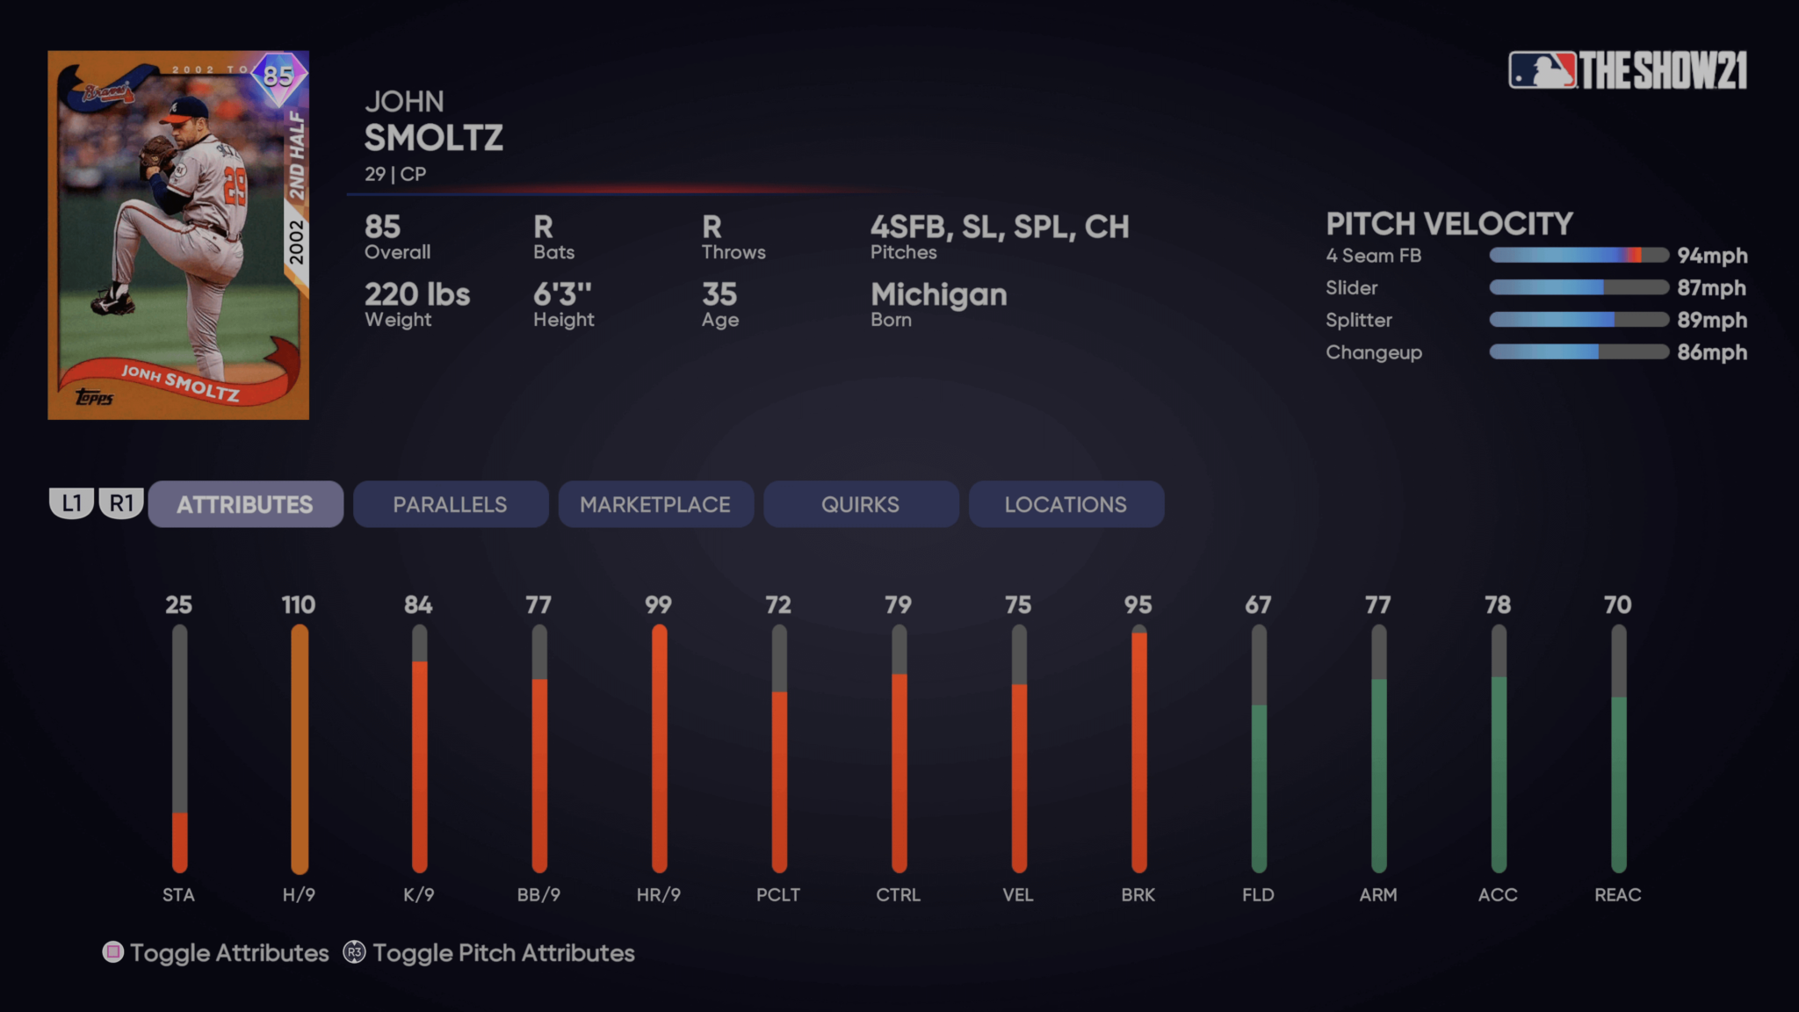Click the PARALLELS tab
pos(450,504)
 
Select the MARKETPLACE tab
pos(655,504)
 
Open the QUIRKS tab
pos(860,504)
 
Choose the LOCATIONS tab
pos(1066,504)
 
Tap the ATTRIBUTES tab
pos(245,504)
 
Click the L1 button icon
pos(71,503)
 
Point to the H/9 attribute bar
pos(300,748)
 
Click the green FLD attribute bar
pos(1259,786)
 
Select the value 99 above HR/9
pos(658,604)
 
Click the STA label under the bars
pos(178,894)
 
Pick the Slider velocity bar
pos(1579,287)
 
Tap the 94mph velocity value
pos(1711,256)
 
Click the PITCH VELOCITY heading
pos(1449,224)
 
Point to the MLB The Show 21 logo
pos(1628,70)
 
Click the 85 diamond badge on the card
pos(278,76)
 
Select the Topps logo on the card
pos(94,398)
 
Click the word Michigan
pos(938,294)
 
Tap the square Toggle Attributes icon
pos(113,952)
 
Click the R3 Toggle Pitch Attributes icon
pos(354,952)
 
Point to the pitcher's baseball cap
pos(188,108)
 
